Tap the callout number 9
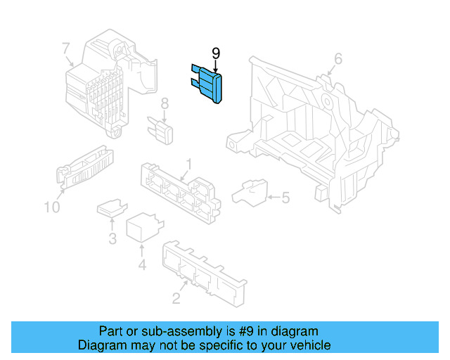tap(216, 53)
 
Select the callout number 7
tap(65, 49)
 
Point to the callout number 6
tap(337, 59)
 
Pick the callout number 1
tap(188, 167)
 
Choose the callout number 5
tap(285, 198)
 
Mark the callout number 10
tap(52, 207)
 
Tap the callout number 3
tap(112, 238)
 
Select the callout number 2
tap(176, 298)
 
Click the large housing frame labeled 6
tap(316, 134)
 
